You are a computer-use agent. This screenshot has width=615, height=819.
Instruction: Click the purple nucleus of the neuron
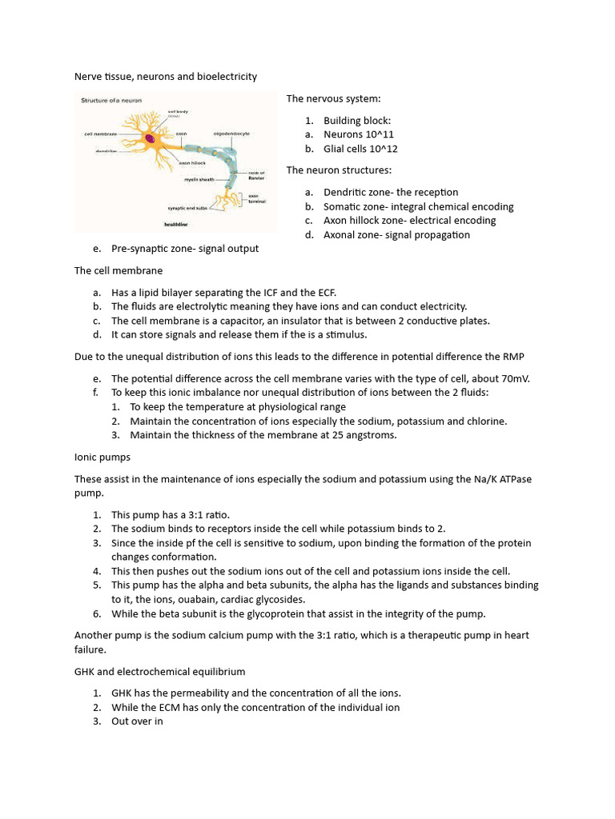click(149, 138)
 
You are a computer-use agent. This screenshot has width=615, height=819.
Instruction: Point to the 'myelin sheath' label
click(199, 180)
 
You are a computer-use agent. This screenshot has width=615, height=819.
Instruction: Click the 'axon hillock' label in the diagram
click(192, 162)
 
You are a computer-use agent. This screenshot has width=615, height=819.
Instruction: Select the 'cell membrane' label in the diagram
click(102, 134)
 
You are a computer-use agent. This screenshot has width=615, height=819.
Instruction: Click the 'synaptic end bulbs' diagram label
click(188, 207)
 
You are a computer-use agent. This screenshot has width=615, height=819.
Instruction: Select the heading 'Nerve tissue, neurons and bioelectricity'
click(166, 77)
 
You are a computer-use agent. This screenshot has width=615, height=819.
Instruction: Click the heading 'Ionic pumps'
click(102, 457)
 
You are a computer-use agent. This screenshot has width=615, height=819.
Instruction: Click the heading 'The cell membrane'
click(119, 271)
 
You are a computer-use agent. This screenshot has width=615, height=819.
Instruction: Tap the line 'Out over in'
click(137, 721)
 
